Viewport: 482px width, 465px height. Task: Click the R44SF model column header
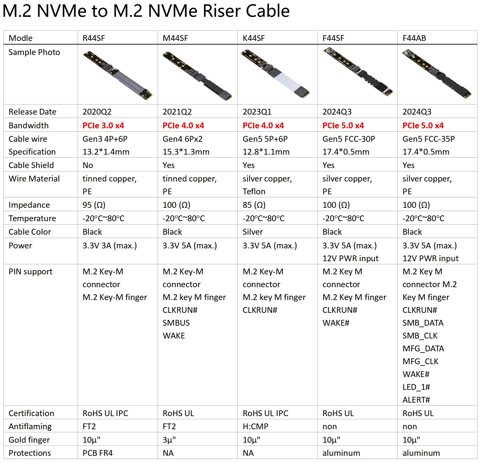tap(94, 38)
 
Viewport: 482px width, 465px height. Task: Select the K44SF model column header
tap(254, 38)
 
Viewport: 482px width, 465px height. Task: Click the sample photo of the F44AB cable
tap(437, 74)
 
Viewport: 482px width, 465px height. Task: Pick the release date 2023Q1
tap(257, 112)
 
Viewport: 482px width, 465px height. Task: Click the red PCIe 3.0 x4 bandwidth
tap(103, 126)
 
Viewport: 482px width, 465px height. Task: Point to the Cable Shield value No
tap(88, 165)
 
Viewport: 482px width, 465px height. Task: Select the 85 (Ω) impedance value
tap(254, 205)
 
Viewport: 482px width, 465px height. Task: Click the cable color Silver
tap(252, 232)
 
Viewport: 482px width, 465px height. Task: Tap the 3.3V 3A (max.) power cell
tap(110, 246)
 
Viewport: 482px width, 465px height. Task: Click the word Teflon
tap(254, 192)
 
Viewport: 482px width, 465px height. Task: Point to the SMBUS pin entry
tap(176, 323)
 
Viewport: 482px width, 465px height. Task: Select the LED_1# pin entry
tap(416, 387)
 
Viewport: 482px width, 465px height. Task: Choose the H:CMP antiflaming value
tap(256, 427)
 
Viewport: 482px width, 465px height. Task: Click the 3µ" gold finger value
tap(169, 440)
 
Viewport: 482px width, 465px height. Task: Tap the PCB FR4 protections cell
tap(98, 453)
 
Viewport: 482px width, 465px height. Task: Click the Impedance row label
tap(29, 205)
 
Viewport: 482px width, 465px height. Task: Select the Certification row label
tap(31, 413)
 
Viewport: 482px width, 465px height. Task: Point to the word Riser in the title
tap(222, 11)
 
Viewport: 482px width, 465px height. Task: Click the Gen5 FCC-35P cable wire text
tap(429, 139)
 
